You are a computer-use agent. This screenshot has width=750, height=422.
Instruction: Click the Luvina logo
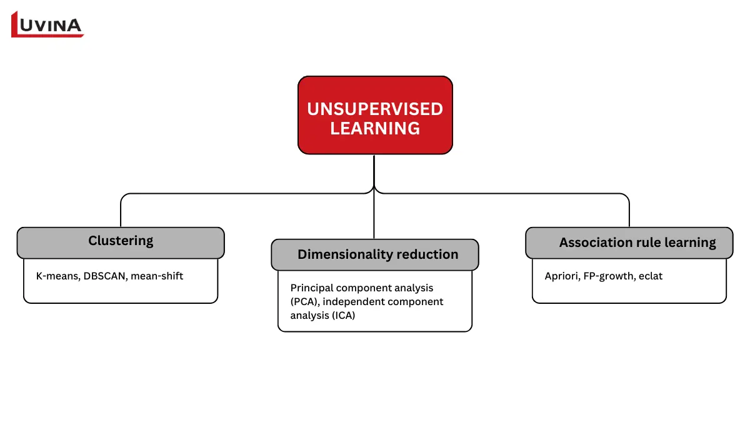click(x=47, y=24)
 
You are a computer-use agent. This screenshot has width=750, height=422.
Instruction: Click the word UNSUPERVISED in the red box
click(x=374, y=109)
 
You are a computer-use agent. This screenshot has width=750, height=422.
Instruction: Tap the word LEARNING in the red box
click(x=374, y=128)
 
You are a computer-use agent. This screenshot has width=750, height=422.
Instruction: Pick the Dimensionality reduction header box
click(x=375, y=254)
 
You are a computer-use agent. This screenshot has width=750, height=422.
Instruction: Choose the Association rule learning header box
click(x=629, y=243)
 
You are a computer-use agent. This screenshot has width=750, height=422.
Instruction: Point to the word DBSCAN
click(x=104, y=276)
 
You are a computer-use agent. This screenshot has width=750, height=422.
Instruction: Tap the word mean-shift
click(x=157, y=276)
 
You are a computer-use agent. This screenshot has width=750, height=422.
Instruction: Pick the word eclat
click(x=651, y=276)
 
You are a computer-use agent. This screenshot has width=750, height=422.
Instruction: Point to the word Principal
click(x=311, y=288)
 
